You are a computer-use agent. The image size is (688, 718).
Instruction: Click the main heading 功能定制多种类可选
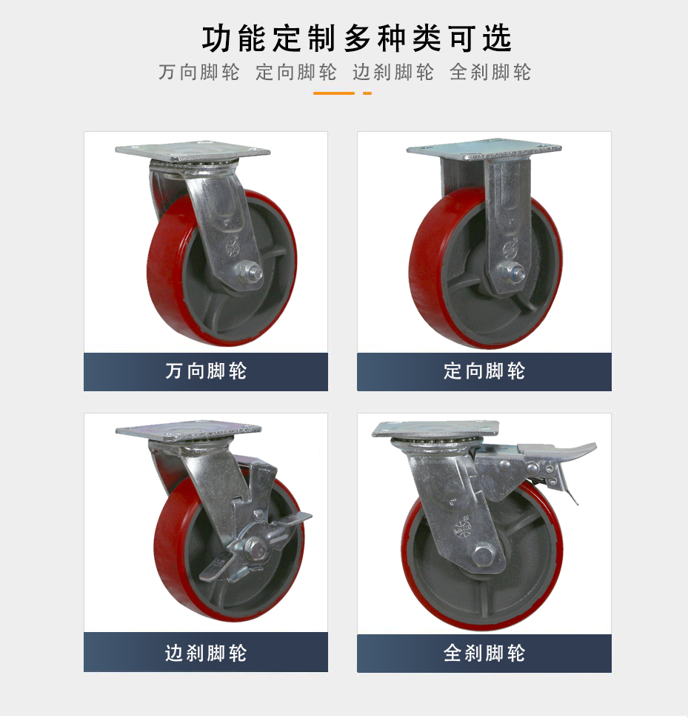tap(356, 39)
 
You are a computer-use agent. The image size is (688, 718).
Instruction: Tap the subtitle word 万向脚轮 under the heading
tap(199, 73)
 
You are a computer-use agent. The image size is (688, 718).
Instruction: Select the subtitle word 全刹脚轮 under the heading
tap(490, 73)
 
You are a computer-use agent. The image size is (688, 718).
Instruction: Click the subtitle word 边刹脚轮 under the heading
tap(393, 73)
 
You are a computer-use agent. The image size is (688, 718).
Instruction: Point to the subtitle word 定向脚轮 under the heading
tap(296, 73)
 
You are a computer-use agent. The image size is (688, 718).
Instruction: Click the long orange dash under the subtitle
tap(334, 93)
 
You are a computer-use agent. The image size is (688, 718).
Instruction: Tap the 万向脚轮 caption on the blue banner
tap(206, 371)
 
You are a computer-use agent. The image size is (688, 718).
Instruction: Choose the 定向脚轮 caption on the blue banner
tap(484, 371)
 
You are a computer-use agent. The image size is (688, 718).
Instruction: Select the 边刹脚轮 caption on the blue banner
tap(206, 653)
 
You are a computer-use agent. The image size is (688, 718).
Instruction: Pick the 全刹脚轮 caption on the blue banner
tap(484, 653)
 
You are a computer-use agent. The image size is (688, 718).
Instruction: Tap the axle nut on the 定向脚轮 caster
tap(511, 274)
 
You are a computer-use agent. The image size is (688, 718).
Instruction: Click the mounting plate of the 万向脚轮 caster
tap(193, 151)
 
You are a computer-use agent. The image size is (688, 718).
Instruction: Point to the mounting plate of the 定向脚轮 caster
tap(484, 150)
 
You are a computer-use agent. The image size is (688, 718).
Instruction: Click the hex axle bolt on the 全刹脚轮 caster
tap(482, 556)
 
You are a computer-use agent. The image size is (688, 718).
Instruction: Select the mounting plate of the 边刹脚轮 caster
tap(189, 430)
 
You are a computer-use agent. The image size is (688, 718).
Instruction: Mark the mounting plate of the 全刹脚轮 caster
tap(435, 429)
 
